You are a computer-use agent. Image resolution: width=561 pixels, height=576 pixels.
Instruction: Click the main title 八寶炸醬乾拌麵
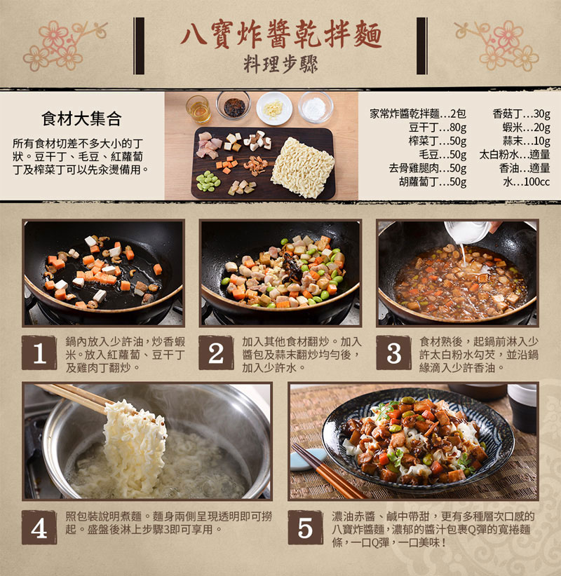(x=280, y=33)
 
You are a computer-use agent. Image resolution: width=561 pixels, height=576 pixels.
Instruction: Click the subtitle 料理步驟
(x=280, y=64)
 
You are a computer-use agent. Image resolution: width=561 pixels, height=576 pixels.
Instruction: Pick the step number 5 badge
(x=305, y=528)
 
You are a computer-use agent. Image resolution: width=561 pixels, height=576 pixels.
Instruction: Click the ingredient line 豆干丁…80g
(x=438, y=127)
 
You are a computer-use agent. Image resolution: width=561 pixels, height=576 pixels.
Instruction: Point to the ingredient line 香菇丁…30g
(x=521, y=114)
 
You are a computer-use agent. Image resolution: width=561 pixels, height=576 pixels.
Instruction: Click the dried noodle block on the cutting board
(x=302, y=167)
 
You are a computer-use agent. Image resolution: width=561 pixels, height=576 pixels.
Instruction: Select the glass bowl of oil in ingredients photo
(x=198, y=108)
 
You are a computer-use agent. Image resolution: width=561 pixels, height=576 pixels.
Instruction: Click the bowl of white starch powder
(x=315, y=108)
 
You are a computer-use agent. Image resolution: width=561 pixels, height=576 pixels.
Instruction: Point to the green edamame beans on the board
(x=208, y=181)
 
